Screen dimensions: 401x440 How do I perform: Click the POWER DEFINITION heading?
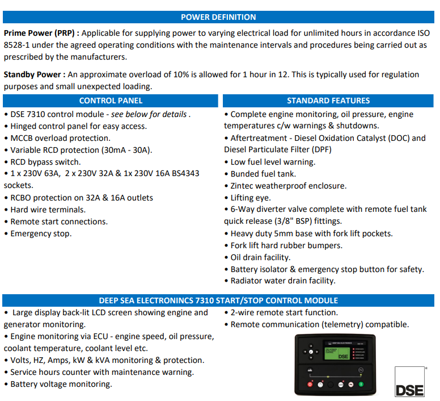(x=218, y=17)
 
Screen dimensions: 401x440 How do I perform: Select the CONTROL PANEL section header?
(x=111, y=101)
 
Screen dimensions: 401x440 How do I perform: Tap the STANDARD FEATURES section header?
(x=328, y=101)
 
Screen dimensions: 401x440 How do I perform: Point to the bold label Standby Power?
(x=32, y=74)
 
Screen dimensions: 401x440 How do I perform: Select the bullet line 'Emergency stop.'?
(x=41, y=233)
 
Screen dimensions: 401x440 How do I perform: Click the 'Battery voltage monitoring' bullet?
(x=61, y=384)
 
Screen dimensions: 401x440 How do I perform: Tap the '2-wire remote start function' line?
(x=284, y=312)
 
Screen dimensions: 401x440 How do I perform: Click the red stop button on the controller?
(x=310, y=385)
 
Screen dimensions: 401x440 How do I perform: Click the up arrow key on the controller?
(x=310, y=346)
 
